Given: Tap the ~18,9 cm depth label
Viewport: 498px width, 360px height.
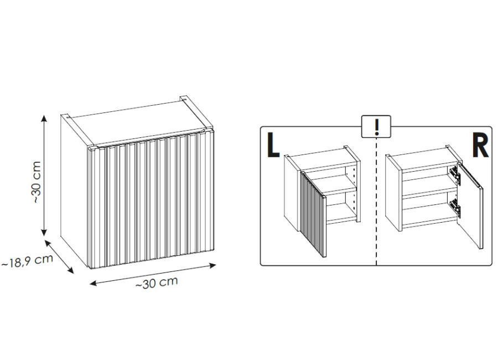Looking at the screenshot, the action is (27, 260).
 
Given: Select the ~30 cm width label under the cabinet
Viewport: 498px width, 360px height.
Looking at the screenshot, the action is (157, 282).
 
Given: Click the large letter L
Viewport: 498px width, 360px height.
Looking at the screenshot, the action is (273, 145).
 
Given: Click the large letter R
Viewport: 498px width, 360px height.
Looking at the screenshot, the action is (480, 145).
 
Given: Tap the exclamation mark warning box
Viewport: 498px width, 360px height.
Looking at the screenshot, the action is (376, 126).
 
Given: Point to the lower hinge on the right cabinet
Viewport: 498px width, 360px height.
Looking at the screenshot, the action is (455, 207).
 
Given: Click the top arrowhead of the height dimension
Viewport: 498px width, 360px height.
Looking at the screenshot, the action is (44, 118).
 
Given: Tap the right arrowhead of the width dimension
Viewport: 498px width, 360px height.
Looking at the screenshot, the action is (212, 265).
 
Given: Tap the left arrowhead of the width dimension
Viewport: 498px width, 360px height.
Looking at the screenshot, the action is (94, 282).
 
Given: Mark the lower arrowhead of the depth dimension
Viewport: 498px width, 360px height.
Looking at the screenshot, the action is (71, 270).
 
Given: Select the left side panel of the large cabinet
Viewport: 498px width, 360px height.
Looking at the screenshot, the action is (74, 191).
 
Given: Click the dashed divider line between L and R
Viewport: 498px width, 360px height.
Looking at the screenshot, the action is (376, 201).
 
